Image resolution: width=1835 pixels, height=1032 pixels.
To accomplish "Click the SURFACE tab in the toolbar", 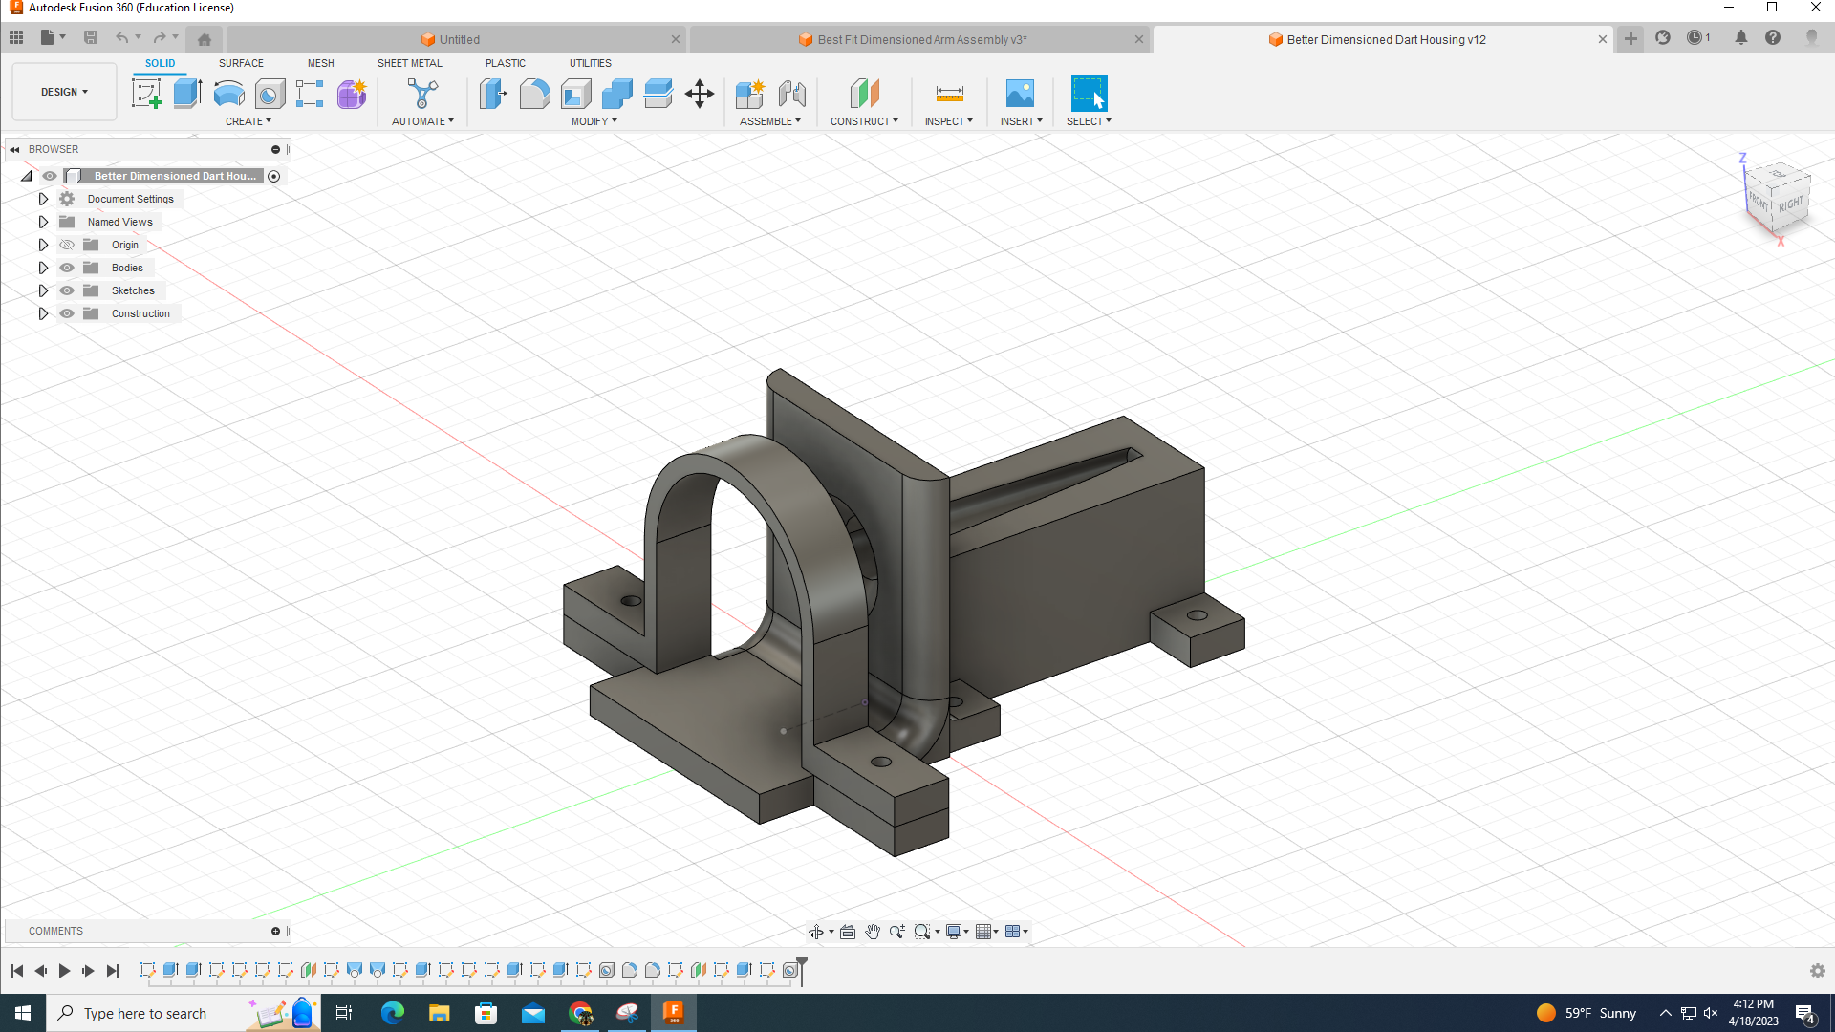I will tap(241, 63).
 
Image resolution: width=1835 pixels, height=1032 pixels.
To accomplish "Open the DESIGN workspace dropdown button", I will tap(64, 92).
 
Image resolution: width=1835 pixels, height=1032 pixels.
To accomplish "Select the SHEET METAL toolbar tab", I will tap(409, 63).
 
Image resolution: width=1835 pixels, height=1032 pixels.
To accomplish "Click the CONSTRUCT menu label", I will tap(864, 121).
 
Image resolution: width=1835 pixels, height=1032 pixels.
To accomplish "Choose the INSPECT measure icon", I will tap(949, 94).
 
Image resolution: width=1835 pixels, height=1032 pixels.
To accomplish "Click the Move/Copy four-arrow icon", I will tap(700, 94).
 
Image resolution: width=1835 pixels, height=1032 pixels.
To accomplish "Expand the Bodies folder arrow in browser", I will tap(43, 268).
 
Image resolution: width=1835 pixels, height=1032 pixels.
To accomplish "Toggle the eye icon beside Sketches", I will tap(67, 290).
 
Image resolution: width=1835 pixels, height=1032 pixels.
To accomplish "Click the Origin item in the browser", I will tap(124, 245).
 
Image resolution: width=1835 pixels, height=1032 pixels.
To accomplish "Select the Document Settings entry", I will tap(130, 199).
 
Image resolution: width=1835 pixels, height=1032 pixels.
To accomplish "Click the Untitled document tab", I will tap(459, 39).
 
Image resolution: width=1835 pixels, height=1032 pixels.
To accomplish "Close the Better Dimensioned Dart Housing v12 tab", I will tap(1603, 39).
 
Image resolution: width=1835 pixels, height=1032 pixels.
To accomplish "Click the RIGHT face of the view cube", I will tap(1791, 204).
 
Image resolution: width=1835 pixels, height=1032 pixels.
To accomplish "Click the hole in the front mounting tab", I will tap(881, 762).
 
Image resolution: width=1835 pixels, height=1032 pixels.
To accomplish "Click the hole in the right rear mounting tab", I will tap(1197, 615).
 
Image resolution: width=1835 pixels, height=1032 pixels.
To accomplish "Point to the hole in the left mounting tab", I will tap(631, 601).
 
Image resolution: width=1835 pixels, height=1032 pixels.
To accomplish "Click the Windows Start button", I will tap(23, 1013).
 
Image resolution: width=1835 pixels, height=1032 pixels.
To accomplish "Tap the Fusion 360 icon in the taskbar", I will tap(673, 1013).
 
